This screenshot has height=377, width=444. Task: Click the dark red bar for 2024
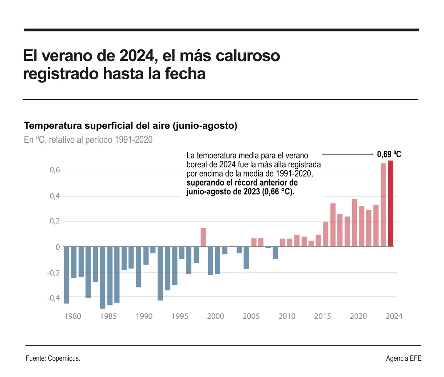point(391,204)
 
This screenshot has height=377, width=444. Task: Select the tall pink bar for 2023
point(383,205)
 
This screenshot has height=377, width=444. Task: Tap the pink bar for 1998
point(203,237)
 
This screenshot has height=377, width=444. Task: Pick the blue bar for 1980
point(67,275)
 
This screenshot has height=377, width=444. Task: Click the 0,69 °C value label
point(389,155)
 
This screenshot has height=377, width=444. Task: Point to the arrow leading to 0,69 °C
point(348,155)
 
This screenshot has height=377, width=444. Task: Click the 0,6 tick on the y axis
point(55,170)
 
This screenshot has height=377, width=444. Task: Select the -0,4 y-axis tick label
point(53,298)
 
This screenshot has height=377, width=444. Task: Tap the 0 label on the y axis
point(58,247)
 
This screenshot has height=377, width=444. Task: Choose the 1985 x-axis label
point(108,316)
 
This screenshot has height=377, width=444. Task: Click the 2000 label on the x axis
point(215,316)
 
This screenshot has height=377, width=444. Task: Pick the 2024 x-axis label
point(394,316)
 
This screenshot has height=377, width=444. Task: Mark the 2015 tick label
point(322,316)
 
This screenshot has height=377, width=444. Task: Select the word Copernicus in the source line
point(64,358)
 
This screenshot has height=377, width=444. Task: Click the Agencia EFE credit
point(404,358)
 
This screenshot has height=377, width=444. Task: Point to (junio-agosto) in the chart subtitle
point(205,126)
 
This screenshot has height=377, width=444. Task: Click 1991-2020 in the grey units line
point(133,140)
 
